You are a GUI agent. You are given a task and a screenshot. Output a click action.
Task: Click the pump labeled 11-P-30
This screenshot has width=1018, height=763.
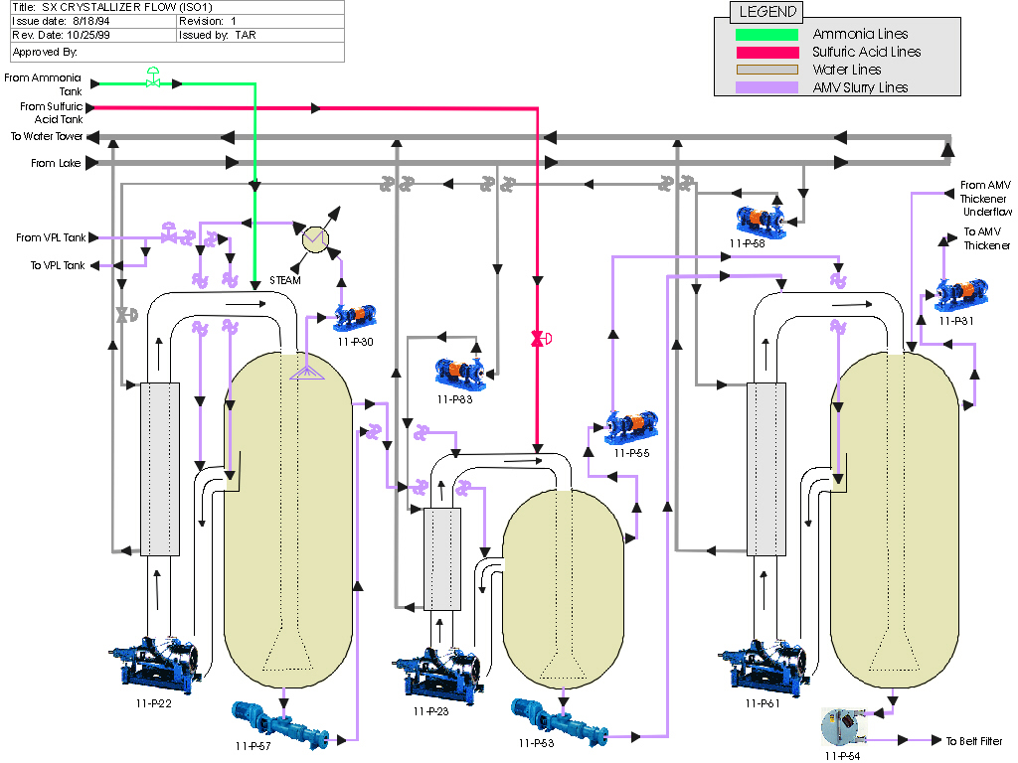tap(355, 317)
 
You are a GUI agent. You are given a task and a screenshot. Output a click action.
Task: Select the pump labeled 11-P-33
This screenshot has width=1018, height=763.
tap(460, 375)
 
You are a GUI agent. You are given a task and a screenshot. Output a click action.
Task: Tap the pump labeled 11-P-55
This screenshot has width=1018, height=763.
tap(631, 427)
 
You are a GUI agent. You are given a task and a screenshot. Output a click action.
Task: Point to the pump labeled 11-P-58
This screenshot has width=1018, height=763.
tap(761, 221)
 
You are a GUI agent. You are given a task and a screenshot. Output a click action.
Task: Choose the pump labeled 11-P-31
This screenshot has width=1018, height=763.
tap(961, 294)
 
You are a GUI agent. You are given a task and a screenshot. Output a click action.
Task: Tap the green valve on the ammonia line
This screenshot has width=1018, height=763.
tap(153, 77)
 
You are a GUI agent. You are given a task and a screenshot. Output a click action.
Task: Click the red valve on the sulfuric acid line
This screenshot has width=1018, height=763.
tap(540, 339)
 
